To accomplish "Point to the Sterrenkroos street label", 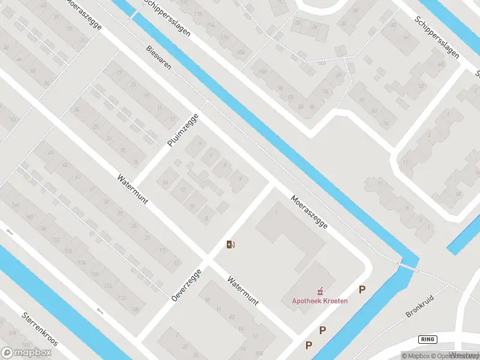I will click(x=40, y=329).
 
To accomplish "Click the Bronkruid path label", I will click(x=419, y=305).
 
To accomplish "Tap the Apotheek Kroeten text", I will click(x=320, y=301).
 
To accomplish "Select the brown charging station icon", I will click(x=230, y=244).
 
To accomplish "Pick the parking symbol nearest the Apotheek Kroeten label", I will click(x=362, y=290).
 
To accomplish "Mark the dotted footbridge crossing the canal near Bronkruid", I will click(x=408, y=265).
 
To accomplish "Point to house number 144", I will click(x=15, y=205).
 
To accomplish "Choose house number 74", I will click(x=326, y=92).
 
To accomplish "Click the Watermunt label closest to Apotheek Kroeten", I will click(x=242, y=291).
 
